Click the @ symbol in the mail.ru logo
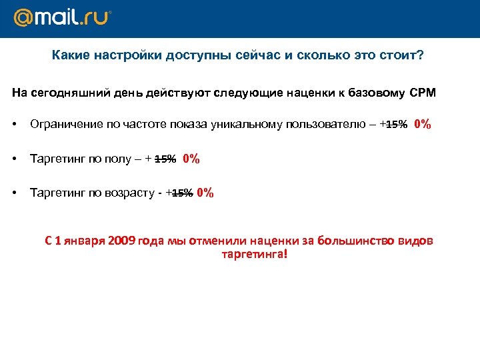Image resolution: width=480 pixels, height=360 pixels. tap(25, 19)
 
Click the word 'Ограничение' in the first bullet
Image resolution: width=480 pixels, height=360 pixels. tap(62, 125)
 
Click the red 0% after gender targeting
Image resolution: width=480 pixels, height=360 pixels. tap(191, 159)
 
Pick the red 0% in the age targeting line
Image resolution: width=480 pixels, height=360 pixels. tap(205, 193)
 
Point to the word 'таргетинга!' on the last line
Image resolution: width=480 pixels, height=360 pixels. tap(253, 254)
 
